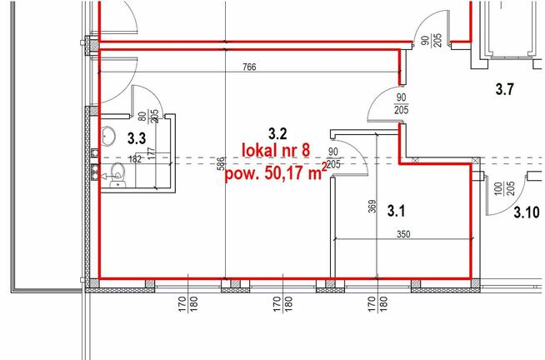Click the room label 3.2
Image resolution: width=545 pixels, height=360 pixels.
277,133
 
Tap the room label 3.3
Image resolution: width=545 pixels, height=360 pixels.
137,138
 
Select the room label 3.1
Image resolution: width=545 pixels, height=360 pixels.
396,211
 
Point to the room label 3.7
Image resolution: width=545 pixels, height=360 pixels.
504,90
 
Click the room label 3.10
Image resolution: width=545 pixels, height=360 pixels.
527,212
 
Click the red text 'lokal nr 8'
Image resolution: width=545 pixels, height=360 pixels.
276,151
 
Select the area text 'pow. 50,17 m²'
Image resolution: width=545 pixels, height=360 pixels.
277,172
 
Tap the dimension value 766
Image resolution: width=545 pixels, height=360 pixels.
249,67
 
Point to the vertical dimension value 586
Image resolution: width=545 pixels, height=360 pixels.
221,163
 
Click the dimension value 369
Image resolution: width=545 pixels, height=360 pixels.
372,207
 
